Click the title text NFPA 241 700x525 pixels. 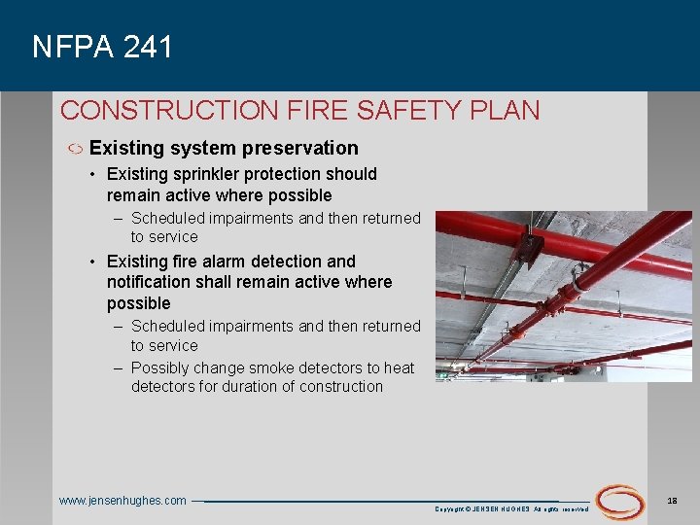click(102, 47)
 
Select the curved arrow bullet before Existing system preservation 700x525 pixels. click(74, 150)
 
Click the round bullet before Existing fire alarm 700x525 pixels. click(90, 262)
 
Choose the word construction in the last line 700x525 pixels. click(342, 387)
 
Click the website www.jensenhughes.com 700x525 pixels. click(122, 501)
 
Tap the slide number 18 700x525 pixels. click(673, 499)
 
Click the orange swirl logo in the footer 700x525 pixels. click(620, 501)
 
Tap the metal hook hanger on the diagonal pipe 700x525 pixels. click(579, 279)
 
